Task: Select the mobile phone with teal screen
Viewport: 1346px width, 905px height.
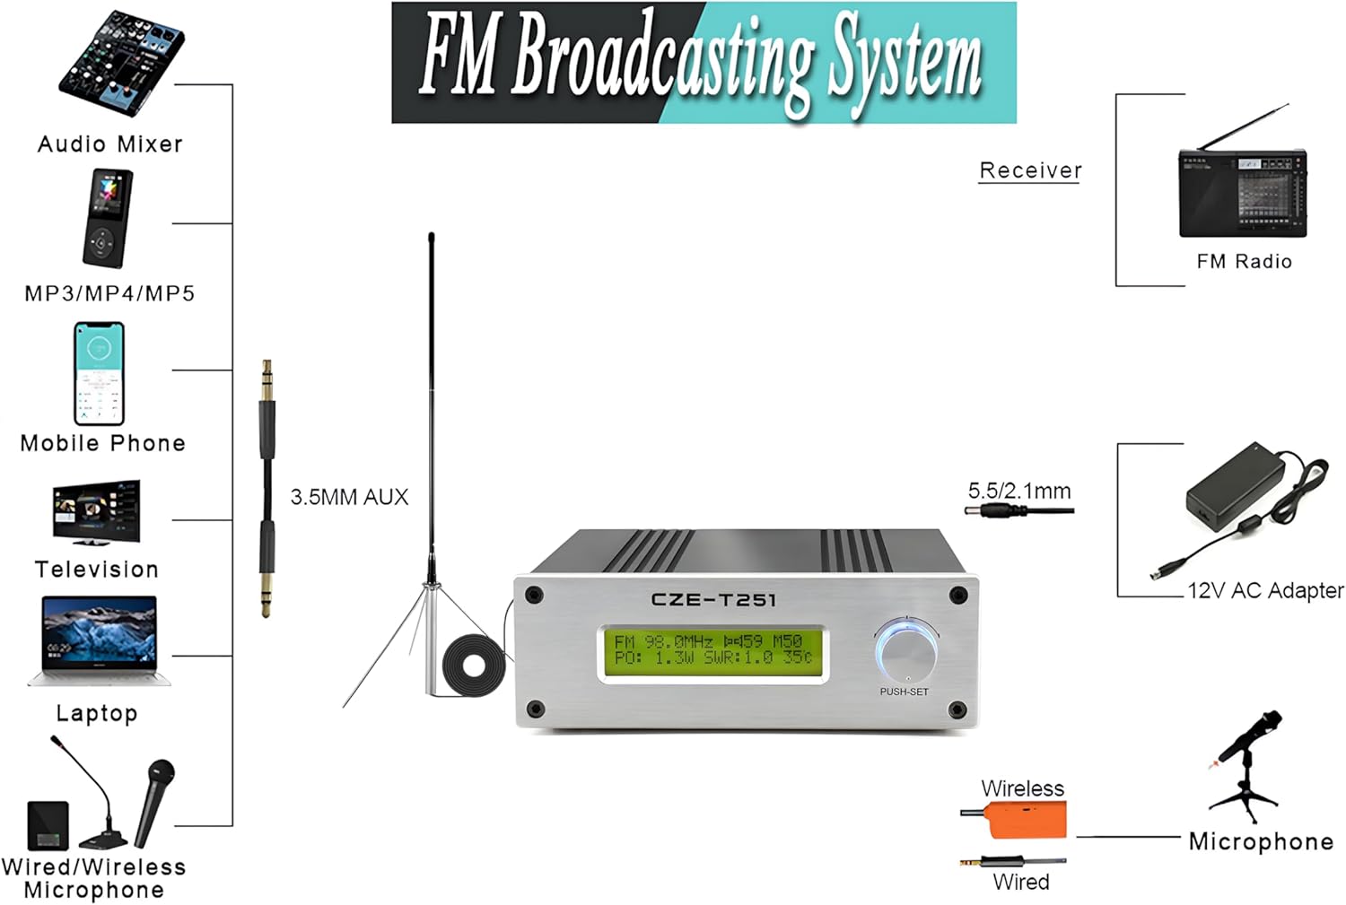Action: coord(99,373)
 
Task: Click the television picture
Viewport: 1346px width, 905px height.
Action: coord(96,513)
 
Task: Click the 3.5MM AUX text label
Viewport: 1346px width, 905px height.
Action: coord(349,497)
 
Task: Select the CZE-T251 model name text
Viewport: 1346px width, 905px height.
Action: coord(713,599)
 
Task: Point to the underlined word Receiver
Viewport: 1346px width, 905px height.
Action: coord(1030,170)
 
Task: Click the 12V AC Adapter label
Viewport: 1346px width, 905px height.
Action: coord(1265,590)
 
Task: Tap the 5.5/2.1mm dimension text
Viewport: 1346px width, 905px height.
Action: coord(1019,491)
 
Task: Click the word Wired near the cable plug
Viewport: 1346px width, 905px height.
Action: coord(1021,882)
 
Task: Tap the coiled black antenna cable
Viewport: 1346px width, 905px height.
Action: coord(474,665)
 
